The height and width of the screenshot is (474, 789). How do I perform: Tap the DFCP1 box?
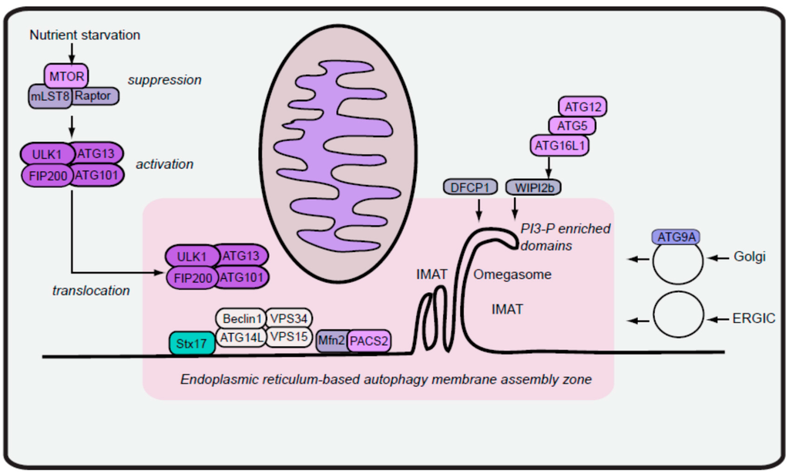(469, 187)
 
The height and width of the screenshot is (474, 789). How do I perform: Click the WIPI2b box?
(532, 187)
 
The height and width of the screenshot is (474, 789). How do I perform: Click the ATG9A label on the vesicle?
(676, 237)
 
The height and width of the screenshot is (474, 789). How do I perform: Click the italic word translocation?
(91, 291)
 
